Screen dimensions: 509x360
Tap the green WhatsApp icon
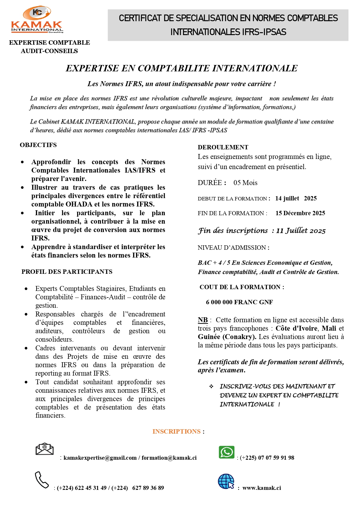(227, 452)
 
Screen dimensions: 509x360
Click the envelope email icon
(44, 449)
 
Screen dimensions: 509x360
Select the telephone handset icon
(41, 480)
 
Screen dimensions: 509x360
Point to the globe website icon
(226, 481)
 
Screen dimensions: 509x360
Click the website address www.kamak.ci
(262, 488)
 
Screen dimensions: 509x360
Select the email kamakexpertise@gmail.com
(100, 458)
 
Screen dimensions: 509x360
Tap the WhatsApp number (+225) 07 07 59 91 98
(267, 458)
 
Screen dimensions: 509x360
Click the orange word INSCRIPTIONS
(176, 431)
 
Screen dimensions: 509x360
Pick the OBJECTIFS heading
(38, 145)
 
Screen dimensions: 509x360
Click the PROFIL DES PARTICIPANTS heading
(67, 272)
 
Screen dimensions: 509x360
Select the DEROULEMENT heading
(223, 147)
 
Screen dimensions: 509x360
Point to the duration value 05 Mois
(245, 183)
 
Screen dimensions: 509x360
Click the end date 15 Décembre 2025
(300, 213)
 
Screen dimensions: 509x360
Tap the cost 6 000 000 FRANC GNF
(239, 302)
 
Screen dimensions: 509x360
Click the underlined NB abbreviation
(203, 320)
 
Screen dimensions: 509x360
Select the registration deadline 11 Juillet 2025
(301, 231)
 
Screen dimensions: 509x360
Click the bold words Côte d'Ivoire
(296, 328)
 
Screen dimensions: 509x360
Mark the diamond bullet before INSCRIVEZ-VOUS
(211, 386)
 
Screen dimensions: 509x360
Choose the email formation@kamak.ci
(169, 458)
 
